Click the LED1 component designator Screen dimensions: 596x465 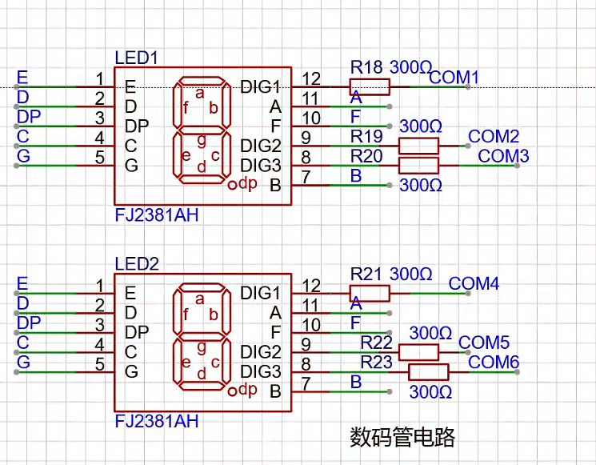point(136,58)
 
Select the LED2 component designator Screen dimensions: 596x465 point(137,264)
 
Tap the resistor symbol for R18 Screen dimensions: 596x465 point(370,86)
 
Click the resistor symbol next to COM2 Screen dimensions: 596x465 point(418,146)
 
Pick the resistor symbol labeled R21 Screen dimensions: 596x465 point(370,293)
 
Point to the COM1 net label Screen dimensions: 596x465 point(454,78)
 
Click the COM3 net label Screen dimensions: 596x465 point(503,156)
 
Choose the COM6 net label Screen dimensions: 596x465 point(494,362)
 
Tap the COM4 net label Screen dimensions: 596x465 point(474,283)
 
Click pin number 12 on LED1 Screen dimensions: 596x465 point(311,79)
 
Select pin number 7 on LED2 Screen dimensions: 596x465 point(306,383)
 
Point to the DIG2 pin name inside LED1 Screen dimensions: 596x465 point(261,146)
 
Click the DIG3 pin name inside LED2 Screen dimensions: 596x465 point(261,371)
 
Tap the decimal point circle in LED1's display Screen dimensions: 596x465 point(232,185)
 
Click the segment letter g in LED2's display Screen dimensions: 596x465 point(202,347)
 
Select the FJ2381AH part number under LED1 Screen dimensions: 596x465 point(157,215)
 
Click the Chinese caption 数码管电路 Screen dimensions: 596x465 point(402,437)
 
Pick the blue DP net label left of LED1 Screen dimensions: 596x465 point(29,116)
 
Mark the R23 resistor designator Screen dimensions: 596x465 point(376,362)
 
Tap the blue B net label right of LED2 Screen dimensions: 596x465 point(356,382)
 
